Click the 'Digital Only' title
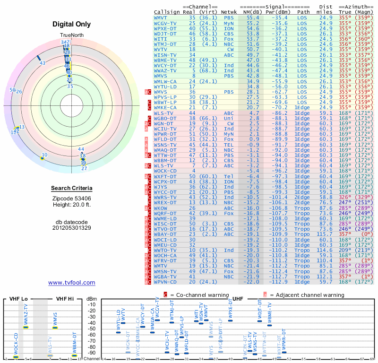coord(71,25)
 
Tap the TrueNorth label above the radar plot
coord(71,36)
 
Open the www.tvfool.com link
coord(71,283)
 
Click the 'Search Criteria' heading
coord(71,189)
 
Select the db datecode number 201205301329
coord(71,227)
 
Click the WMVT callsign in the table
coord(161,17)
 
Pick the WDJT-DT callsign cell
coord(165,33)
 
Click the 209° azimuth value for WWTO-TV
coord(345,250)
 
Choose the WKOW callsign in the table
coord(161,207)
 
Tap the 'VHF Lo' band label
coord(18,299)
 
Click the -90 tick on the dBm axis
coord(92,353)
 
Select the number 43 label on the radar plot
coord(43,63)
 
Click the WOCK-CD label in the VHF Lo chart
coord(16,344)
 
